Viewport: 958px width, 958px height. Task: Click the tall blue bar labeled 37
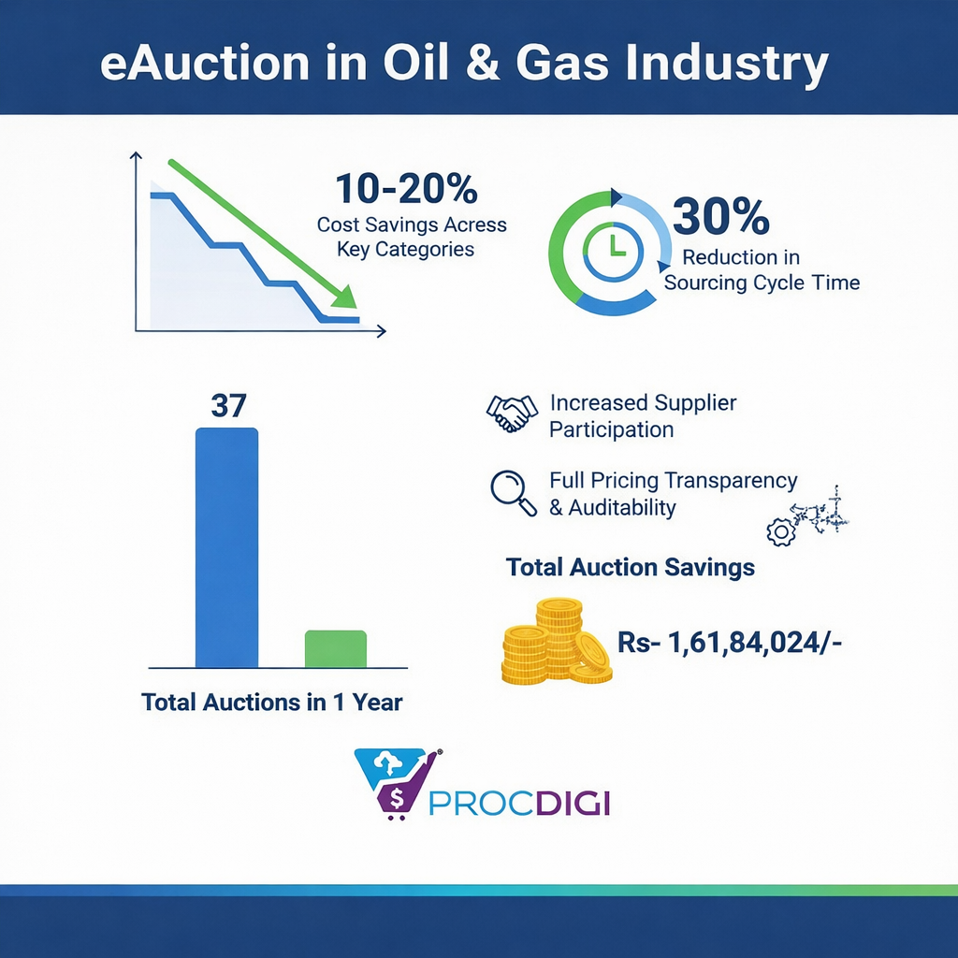point(226,546)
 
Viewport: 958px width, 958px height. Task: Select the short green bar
point(336,648)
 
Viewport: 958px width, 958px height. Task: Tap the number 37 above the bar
point(227,406)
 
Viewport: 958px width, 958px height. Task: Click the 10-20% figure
point(406,190)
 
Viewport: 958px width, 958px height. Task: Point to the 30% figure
point(721,218)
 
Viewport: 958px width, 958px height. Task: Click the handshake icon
point(512,413)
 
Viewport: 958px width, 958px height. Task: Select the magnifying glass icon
point(514,493)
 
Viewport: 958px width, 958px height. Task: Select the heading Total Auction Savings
point(630,567)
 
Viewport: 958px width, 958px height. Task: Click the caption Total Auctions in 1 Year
point(271,702)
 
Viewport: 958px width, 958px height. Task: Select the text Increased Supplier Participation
point(643,416)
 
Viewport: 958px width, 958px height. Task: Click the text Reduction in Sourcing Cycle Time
point(761,269)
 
